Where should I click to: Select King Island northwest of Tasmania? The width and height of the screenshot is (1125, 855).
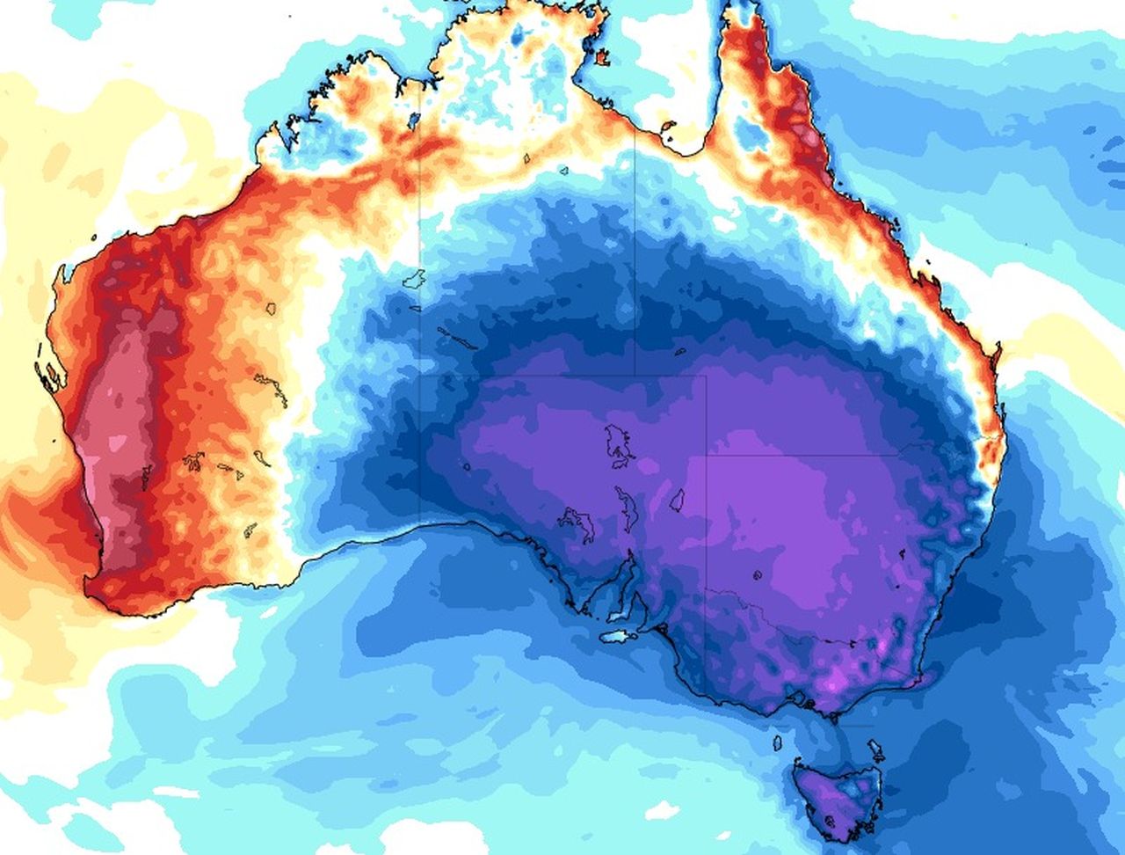pos(777,743)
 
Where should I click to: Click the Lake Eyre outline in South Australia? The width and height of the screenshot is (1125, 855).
pos(619,444)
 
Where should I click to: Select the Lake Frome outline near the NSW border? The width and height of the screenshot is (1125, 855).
pos(677,501)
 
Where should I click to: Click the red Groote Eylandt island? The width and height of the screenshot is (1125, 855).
pos(602,58)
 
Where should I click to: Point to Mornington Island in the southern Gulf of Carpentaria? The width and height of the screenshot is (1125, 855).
pos(667,127)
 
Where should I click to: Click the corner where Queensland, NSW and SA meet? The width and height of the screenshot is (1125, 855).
pos(706,455)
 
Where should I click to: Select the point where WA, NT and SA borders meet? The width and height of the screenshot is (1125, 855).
pos(420,376)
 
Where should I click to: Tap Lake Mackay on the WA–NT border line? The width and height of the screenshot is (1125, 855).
pos(414,281)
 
